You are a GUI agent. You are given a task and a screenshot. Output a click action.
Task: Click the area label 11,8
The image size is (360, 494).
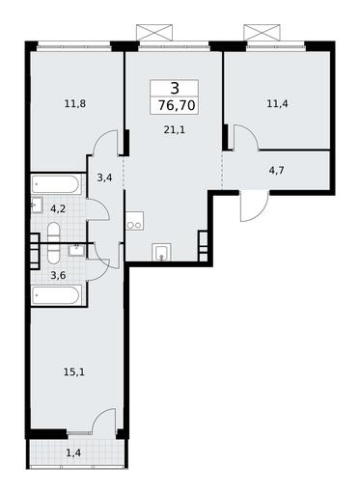[75, 104]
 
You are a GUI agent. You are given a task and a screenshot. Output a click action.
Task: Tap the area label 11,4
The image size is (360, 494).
[277, 104]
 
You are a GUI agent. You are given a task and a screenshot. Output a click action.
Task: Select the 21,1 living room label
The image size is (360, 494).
[175, 130]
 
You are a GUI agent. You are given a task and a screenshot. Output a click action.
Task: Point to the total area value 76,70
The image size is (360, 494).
[177, 105]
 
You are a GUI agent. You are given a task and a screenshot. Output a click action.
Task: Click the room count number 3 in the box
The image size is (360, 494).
[175, 88]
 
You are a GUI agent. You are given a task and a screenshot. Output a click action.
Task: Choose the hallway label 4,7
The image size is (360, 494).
[276, 170]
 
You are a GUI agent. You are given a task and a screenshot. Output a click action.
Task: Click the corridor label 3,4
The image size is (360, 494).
[104, 177]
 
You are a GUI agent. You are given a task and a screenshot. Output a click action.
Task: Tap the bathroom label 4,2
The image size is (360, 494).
[58, 209]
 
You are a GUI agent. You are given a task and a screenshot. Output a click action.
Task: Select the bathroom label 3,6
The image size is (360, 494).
[58, 275]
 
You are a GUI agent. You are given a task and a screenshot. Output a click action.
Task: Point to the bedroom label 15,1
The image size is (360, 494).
[74, 372]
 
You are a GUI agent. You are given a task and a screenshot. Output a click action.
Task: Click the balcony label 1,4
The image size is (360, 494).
[73, 453]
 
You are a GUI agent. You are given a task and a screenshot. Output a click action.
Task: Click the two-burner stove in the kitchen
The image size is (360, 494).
[134, 221]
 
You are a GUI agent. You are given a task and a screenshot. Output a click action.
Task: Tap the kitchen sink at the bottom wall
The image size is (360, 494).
[161, 252]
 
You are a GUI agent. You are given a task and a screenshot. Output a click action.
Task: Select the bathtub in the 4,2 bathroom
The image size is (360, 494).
[56, 184]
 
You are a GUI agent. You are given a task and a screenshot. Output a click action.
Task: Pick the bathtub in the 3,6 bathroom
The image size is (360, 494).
[56, 294]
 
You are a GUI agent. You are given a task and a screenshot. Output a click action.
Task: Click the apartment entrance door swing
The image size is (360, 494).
[254, 206]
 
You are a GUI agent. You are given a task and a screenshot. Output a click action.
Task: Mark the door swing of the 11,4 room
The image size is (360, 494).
[246, 137]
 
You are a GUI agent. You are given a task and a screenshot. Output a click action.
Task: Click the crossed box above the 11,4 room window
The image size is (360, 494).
[262, 32]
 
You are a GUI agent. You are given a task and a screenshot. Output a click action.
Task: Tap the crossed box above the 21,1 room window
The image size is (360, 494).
[154, 32]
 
